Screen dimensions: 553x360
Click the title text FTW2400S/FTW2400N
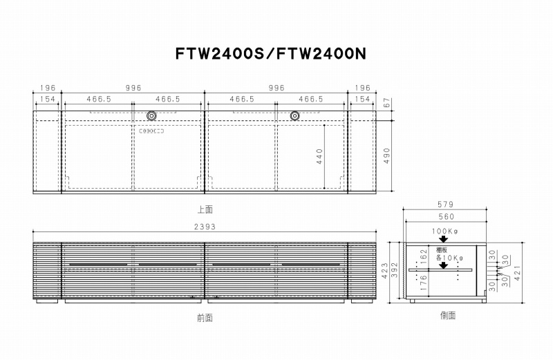pyautogui.click(x=271, y=54)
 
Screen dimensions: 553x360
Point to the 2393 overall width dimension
pyautogui.click(x=205, y=227)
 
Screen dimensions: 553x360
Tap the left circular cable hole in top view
pyautogui.click(x=151, y=116)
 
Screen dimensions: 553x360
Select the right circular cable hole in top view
pyautogui.click(x=295, y=116)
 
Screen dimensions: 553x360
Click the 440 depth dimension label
pyautogui.click(x=319, y=156)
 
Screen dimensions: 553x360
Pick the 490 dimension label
pyautogui.click(x=387, y=155)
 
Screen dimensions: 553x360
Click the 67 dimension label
pyautogui.click(x=387, y=103)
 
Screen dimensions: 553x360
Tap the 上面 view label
pyautogui.click(x=205, y=209)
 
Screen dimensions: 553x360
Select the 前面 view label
pyautogui.click(x=205, y=318)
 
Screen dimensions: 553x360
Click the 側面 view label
pyautogui.click(x=448, y=315)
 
